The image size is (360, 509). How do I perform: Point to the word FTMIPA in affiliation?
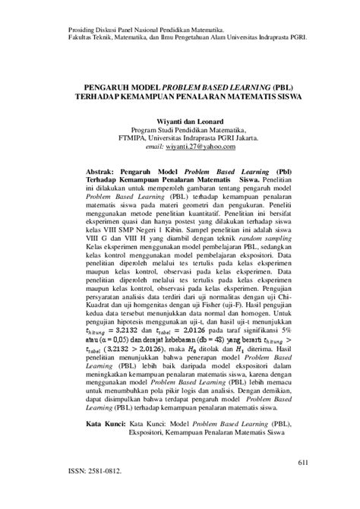coord(148,139)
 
